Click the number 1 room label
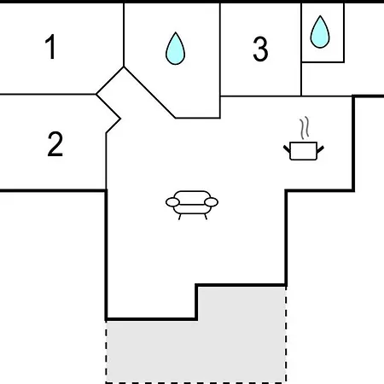pos(50,47)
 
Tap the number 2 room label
pos(55,144)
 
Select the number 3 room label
pos(260,49)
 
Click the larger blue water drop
pos(175,49)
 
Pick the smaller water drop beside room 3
pos(320,32)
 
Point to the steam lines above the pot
pos(305,128)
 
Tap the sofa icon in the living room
pos(192,205)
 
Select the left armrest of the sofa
pos(172,202)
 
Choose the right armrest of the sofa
pos(212,202)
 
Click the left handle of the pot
pos(287,148)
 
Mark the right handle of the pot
pos(320,149)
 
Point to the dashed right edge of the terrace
pos(286,335)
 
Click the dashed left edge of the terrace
pos(107,352)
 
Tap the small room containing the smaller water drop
pos(323,32)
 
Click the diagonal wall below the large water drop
pos(149,92)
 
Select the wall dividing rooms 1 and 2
pos(48,94)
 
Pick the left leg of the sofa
pos(179,217)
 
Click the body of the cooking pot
pos(304,151)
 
